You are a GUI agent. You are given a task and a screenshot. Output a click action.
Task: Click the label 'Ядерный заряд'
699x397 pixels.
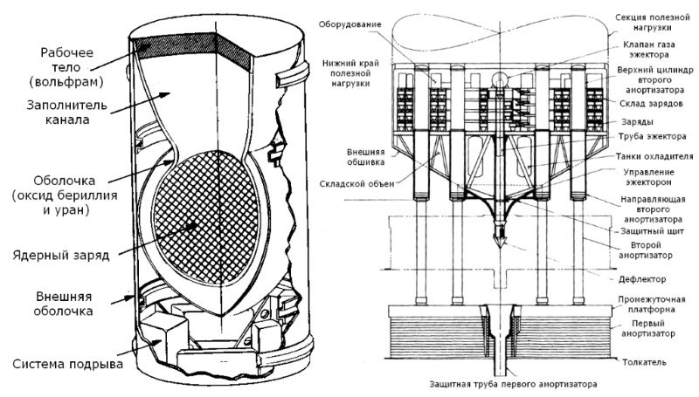click(60, 256)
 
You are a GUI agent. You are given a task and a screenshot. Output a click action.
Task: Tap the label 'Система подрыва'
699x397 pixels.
click(68, 364)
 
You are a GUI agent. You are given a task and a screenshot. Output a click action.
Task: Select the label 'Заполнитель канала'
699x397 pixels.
click(67, 113)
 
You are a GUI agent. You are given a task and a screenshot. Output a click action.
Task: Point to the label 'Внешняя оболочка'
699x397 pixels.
click(63, 304)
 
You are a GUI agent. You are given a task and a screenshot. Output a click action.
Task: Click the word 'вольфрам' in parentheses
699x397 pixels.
click(67, 82)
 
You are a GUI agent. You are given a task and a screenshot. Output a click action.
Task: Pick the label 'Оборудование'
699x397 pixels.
click(349, 24)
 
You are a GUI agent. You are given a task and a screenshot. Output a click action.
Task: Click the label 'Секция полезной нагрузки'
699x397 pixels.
click(652, 23)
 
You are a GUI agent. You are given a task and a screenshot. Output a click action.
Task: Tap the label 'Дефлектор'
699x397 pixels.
click(642, 279)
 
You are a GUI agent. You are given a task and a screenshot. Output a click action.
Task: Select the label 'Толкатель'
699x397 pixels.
click(644, 362)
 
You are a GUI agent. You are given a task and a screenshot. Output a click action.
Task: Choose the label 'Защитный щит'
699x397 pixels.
click(652, 231)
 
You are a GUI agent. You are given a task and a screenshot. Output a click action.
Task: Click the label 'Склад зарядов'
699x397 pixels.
click(651, 104)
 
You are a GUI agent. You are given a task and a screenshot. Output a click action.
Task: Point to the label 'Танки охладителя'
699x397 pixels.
click(654, 156)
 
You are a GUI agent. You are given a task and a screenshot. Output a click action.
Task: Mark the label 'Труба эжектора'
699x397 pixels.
click(652, 137)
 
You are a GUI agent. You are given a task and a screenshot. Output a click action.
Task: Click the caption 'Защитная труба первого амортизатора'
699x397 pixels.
click(513, 384)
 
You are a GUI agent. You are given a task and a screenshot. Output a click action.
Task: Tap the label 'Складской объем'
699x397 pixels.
click(356, 183)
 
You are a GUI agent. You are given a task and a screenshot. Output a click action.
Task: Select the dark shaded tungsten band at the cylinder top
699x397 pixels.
click(191, 49)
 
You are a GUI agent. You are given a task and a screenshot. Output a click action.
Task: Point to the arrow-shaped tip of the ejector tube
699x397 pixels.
click(501, 243)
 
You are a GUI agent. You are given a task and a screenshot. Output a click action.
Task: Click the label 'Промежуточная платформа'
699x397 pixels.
click(651, 305)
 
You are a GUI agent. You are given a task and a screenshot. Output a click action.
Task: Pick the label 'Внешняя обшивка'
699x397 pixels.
click(365, 157)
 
